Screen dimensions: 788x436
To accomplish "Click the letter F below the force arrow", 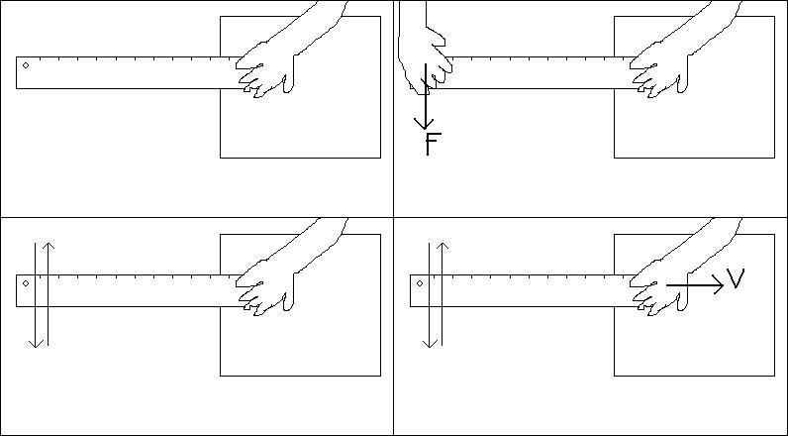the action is point(433,145).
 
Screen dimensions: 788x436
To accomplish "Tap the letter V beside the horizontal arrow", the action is point(736,278).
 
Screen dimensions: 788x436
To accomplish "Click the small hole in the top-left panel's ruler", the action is point(26,65).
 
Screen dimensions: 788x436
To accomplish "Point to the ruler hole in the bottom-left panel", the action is point(26,283).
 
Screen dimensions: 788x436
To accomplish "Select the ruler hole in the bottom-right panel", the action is point(420,283).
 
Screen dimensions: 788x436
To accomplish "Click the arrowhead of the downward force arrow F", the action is point(424,124).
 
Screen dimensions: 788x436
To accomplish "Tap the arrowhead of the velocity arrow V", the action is point(718,285).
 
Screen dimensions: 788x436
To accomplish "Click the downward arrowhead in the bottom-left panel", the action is point(36,343).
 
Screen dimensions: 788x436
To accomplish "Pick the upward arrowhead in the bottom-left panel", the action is point(49,247).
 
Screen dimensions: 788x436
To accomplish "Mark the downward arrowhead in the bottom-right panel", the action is point(430,343).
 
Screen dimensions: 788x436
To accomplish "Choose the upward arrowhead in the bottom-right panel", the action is point(443,247).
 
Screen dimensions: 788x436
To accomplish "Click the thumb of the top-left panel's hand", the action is point(288,84).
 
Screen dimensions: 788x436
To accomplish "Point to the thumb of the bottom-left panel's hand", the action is point(288,301).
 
